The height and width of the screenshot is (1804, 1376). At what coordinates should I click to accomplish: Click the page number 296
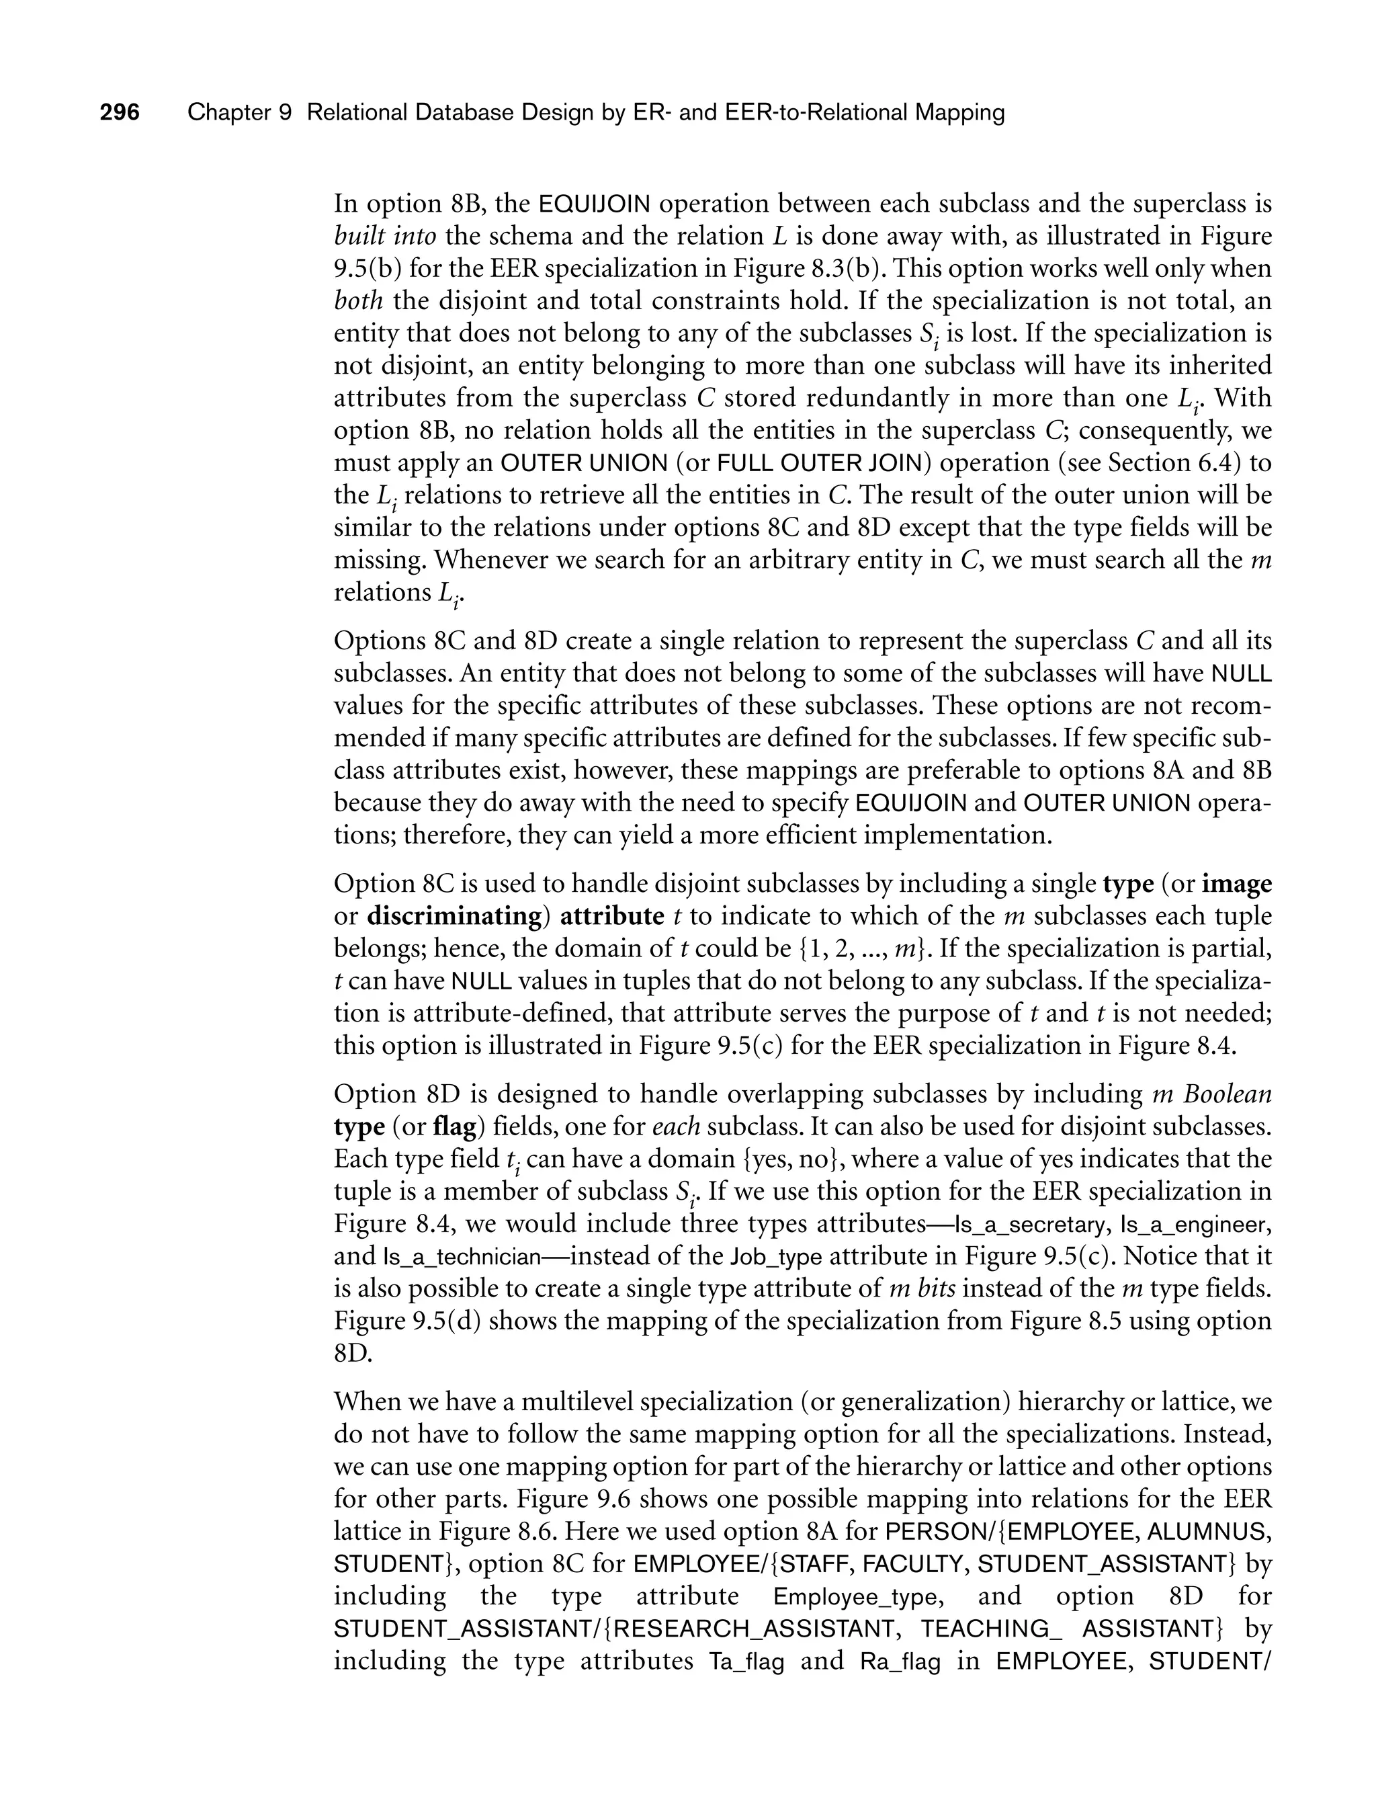click(120, 112)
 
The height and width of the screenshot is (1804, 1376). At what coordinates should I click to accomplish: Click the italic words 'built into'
click(384, 236)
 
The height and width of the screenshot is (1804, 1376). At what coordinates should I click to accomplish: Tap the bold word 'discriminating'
click(455, 916)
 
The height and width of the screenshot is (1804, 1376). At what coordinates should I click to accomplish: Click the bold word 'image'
click(1237, 884)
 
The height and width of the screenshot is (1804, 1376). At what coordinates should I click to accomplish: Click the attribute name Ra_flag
click(900, 1662)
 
